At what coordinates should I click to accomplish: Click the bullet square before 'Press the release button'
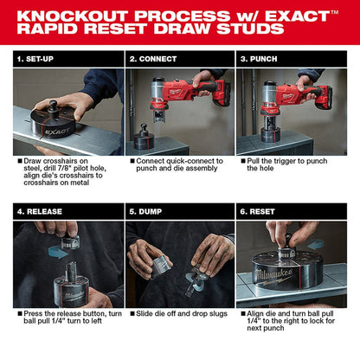[19, 315]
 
